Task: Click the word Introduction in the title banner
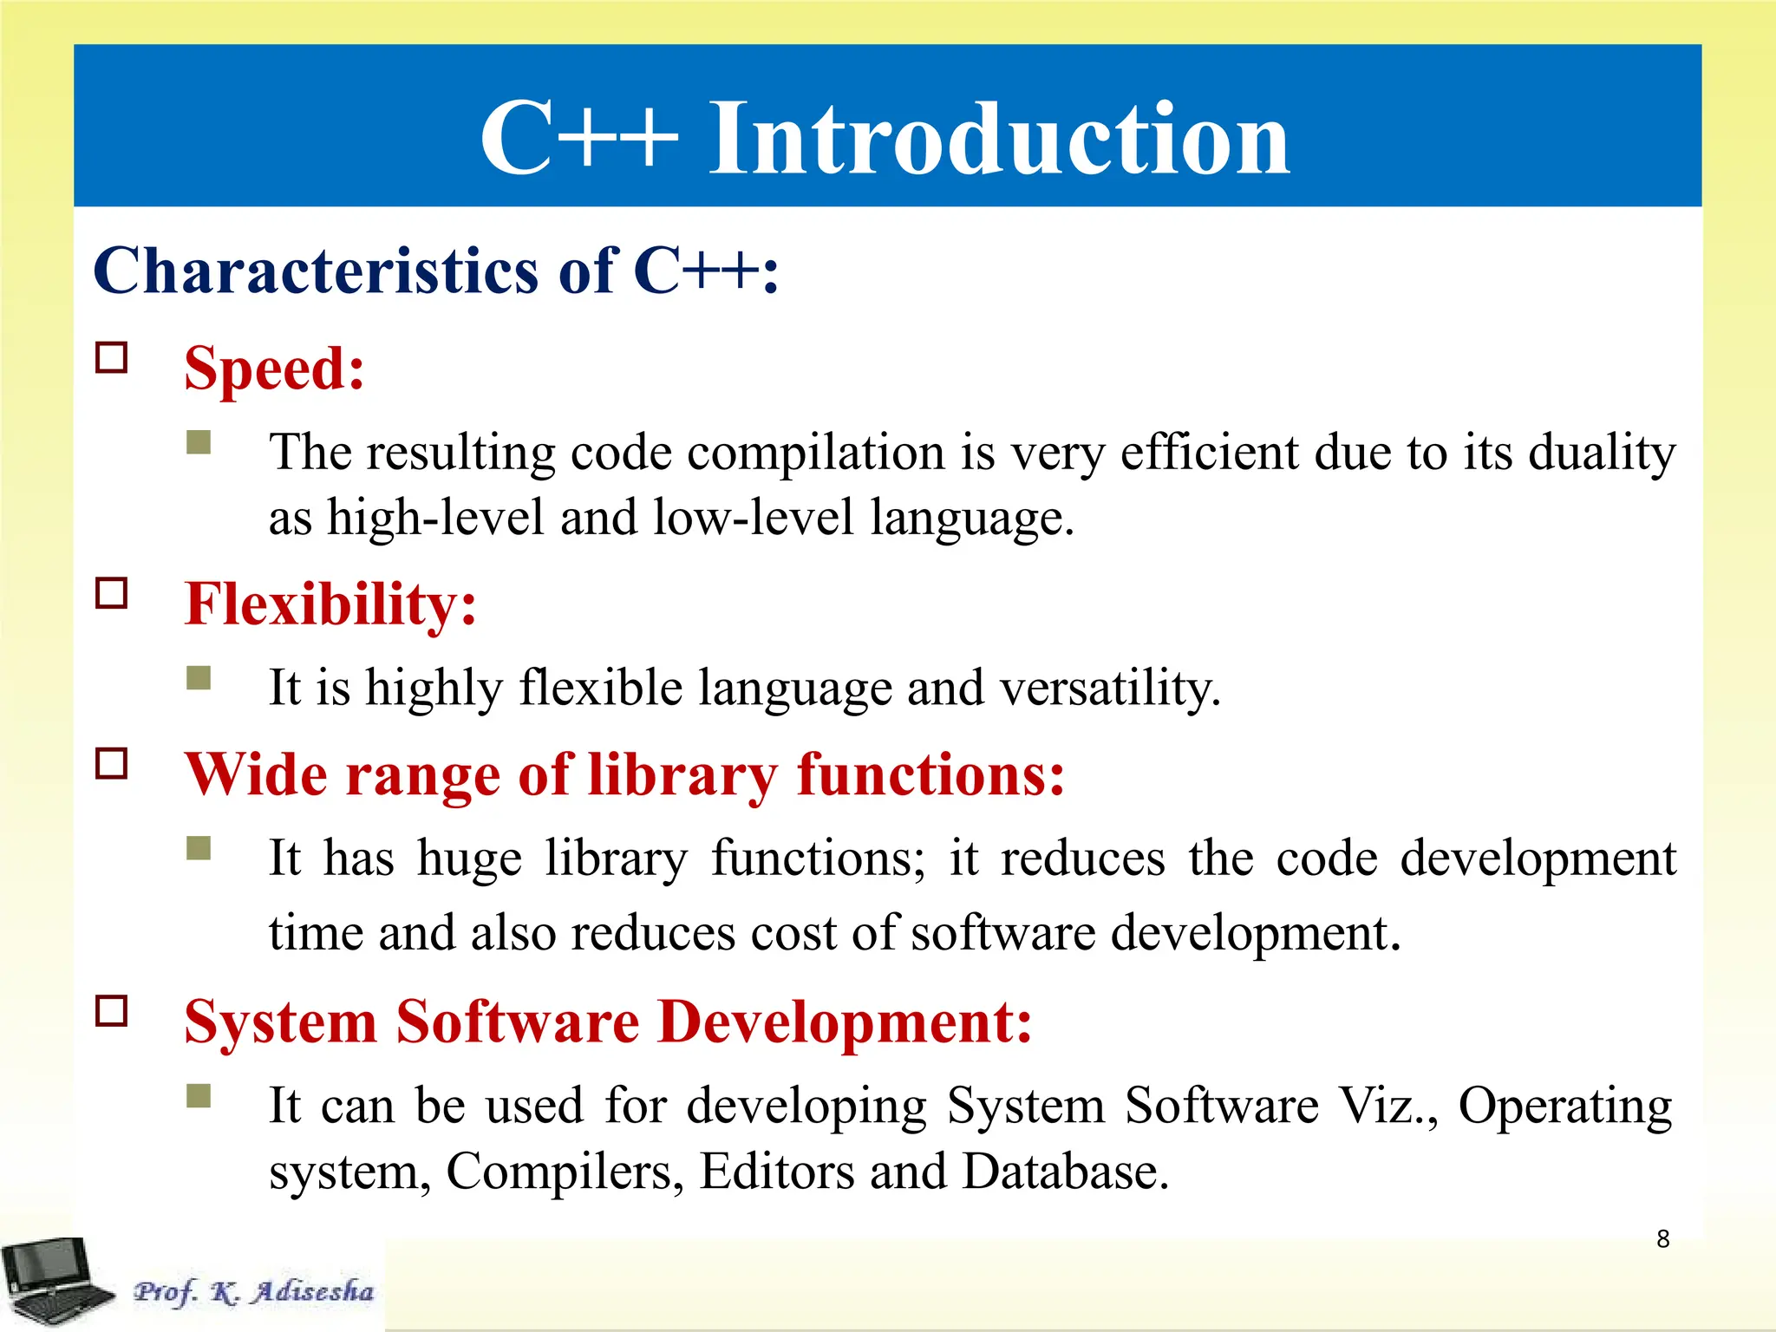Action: coord(999,139)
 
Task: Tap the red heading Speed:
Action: coord(274,369)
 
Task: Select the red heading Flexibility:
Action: coord(330,604)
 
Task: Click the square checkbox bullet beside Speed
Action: coord(112,357)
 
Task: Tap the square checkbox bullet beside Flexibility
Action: coord(112,593)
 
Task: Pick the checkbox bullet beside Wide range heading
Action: coord(112,764)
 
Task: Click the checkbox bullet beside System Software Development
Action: coord(112,1011)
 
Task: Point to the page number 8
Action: coord(1662,1239)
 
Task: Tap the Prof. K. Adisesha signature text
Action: coord(253,1291)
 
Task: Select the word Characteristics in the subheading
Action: coord(316,271)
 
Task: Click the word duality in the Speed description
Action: coord(1601,454)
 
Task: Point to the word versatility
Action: coord(1110,689)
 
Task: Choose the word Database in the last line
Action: coord(1065,1172)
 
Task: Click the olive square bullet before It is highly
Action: coord(199,678)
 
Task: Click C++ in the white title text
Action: coord(578,139)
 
